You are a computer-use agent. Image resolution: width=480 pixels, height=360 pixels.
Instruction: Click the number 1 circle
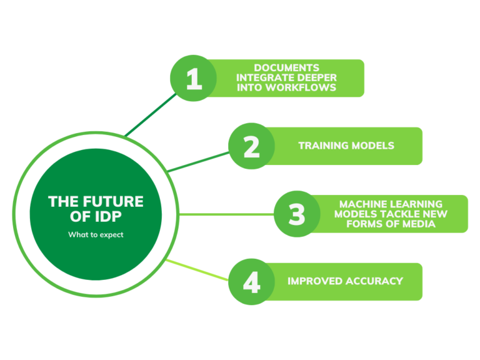pyautogui.click(x=194, y=79)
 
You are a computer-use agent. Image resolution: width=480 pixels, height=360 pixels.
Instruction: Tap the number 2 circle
pyautogui.click(x=251, y=146)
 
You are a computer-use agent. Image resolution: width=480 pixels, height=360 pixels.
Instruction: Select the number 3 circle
pyautogui.click(x=296, y=214)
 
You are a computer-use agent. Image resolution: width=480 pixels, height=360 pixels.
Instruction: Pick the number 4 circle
pyautogui.click(x=251, y=281)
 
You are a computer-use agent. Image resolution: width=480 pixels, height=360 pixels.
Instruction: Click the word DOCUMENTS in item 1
pyautogui.click(x=287, y=67)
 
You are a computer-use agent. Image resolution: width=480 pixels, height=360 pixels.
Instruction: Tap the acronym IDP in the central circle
pyautogui.click(x=109, y=216)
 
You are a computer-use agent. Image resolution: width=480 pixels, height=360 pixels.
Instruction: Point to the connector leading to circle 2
pyautogui.click(x=199, y=161)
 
